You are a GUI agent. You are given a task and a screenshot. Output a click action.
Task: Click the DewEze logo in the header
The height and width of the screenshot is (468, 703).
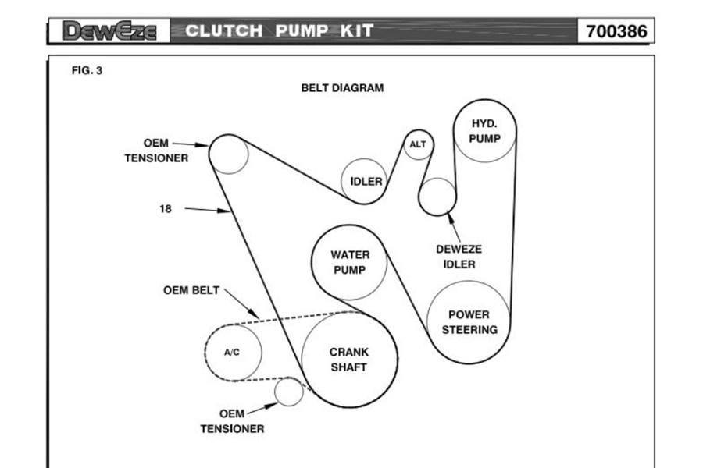pos(109,31)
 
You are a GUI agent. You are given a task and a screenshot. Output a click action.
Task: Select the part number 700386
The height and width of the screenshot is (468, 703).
pos(616,31)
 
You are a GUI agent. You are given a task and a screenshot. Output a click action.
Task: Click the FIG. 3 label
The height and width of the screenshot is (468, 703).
pos(87,70)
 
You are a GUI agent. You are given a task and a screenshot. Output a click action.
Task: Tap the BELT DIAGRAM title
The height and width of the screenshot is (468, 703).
pos(342,88)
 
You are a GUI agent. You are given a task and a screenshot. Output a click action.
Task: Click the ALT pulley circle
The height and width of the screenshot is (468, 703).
pos(418,144)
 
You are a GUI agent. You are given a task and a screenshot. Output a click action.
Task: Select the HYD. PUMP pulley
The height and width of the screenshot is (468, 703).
pos(484,131)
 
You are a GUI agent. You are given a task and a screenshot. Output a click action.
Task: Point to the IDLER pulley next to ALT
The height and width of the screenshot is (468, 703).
pos(366,181)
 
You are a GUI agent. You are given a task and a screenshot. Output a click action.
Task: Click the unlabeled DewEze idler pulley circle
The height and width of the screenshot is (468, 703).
pos(437,197)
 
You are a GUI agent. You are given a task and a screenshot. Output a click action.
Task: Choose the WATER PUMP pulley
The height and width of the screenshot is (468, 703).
pos(350,262)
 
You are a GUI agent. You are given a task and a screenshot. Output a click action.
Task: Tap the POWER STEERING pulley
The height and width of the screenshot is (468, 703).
pos(469,321)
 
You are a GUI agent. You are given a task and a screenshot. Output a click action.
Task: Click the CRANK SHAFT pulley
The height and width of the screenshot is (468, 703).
pos(348,359)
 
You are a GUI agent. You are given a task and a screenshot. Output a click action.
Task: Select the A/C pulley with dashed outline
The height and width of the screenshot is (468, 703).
pos(233,352)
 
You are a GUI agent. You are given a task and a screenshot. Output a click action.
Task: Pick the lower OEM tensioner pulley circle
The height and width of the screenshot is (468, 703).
pos(289,392)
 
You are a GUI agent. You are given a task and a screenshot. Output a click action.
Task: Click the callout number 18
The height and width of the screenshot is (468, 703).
pos(166,208)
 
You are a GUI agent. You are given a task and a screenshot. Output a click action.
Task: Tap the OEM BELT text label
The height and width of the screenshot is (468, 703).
pos(191,290)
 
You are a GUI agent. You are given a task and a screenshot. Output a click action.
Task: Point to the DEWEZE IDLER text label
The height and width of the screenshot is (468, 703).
pos(459,257)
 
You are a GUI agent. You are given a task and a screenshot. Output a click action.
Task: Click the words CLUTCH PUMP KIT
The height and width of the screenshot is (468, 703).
pos(280,31)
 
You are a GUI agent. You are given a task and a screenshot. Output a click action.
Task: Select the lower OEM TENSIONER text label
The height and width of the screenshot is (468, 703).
pos(231,421)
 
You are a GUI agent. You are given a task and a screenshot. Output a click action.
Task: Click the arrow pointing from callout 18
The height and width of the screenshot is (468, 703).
pos(206,209)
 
